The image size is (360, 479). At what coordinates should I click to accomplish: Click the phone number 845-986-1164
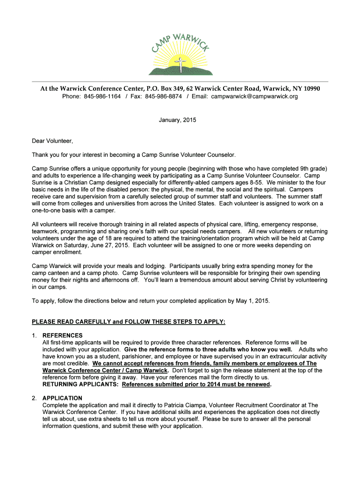pos(102,96)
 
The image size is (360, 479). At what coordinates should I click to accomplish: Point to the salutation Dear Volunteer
pos(52,141)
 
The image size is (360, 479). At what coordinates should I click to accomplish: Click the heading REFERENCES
pos(62,335)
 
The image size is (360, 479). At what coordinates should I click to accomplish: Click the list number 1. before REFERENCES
pos(34,335)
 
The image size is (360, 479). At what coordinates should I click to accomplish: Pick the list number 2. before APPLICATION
pos(34,398)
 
